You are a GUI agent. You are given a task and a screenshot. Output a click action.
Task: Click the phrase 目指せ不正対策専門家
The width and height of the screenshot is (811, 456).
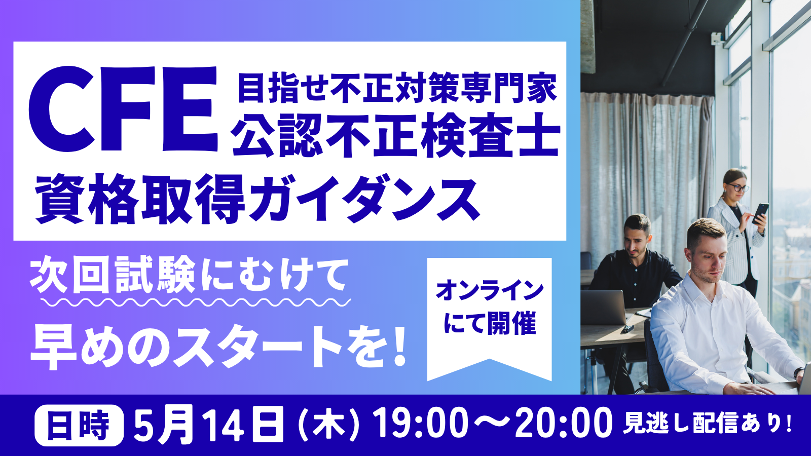point(397,87)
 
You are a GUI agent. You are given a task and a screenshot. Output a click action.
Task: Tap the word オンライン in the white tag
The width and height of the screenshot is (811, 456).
point(489,290)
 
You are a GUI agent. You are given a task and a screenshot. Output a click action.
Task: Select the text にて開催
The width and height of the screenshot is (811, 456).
point(489,323)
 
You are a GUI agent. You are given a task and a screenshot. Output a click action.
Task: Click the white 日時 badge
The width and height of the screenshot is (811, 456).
point(79,425)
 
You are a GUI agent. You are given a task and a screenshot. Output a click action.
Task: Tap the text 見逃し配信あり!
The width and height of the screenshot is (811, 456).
point(707,424)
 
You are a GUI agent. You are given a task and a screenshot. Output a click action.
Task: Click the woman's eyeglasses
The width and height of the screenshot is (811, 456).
point(738,188)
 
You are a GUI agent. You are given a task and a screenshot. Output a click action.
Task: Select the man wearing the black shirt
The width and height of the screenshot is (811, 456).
point(636,269)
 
